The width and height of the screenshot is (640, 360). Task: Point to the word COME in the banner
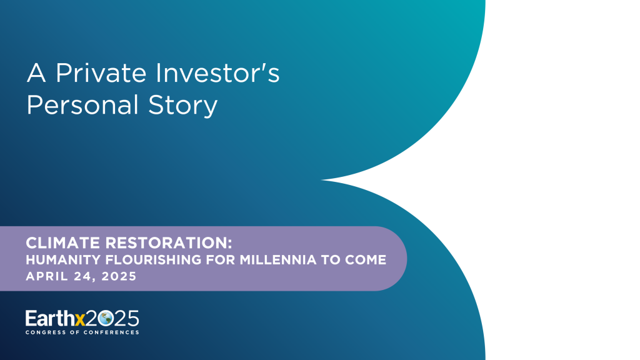[x=368, y=260]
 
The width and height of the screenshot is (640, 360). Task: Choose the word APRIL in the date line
[x=44, y=276]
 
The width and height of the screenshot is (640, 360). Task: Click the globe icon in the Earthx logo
[x=105, y=318]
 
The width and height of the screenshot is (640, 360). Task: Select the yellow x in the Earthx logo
[x=80, y=319]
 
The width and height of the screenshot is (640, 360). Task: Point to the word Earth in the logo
[x=49, y=318]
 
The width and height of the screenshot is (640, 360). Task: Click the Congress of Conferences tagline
[x=82, y=332]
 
